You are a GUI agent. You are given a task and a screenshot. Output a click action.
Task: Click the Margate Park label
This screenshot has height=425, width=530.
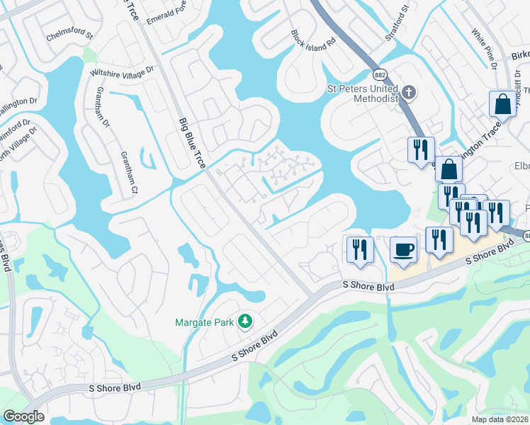pyautogui.click(x=204, y=323)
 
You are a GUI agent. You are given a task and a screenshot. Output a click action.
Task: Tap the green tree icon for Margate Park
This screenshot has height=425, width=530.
pyautogui.click(x=244, y=322)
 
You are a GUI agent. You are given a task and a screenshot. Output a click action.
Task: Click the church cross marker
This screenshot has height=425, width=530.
pyautogui.click(x=408, y=92)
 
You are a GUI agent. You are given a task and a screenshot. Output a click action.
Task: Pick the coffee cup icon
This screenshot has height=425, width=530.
pyautogui.click(x=403, y=250)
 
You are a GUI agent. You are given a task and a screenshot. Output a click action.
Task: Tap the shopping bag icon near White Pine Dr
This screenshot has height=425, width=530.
pyautogui.click(x=502, y=104)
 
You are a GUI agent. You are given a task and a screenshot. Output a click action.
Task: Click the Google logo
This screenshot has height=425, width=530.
pyautogui.click(x=23, y=416)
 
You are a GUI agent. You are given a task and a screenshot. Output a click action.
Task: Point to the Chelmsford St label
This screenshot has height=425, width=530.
pyautogui.click(x=70, y=33)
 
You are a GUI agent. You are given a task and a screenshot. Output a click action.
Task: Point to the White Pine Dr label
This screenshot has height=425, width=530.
pyautogui.click(x=485, y=43)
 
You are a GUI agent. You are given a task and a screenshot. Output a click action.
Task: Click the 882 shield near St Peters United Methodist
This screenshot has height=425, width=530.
pyautogui.click(x=378, y=74)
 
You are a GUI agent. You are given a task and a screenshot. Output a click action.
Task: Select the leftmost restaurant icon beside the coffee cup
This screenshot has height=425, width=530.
pyautogui.click(x=359, y=249)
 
